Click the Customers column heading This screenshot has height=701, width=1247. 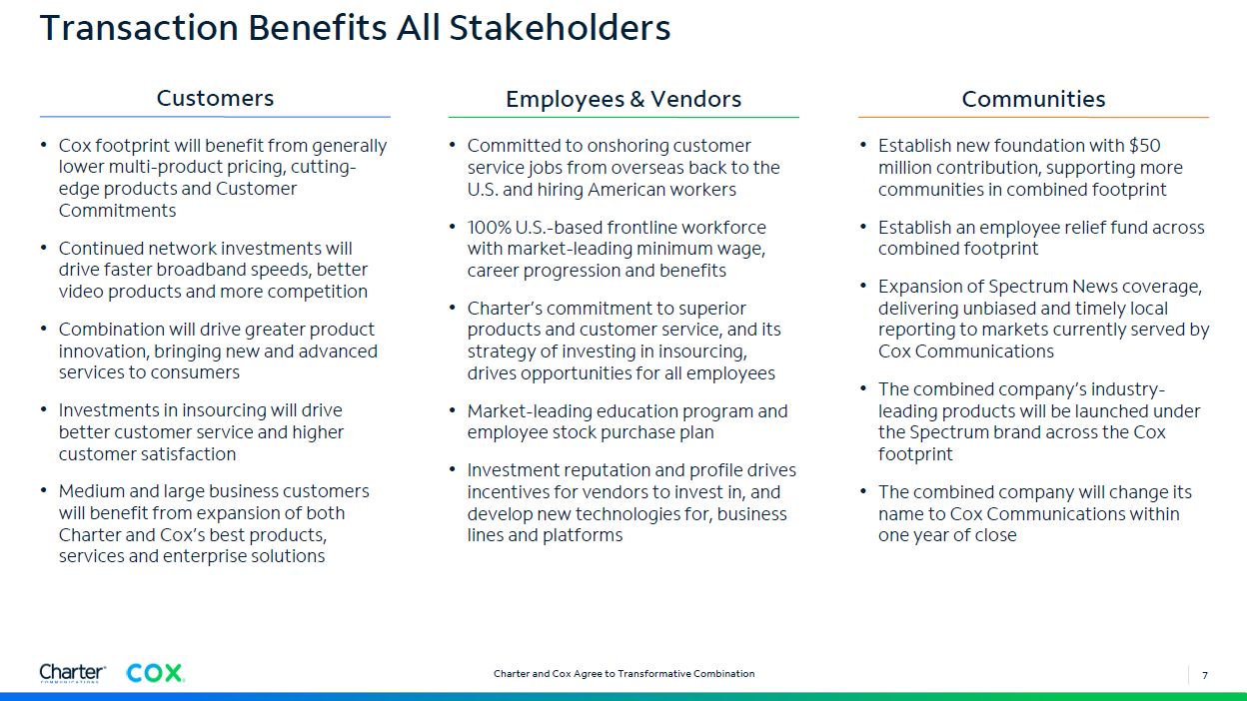pos(215,98)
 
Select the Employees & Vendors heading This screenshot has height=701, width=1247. pos(623,99)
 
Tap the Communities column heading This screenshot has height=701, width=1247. pos(1033,99)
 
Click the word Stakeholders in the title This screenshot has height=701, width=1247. pos(560,27)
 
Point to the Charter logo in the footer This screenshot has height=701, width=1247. pos(72,673)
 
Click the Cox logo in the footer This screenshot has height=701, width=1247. pos(155,673)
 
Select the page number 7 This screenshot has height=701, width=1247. pos(1205,675)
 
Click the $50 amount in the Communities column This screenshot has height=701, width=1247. pos(1144,145)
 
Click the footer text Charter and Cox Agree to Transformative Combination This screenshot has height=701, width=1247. pos(624,673)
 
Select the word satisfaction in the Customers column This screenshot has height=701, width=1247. pos(188,454)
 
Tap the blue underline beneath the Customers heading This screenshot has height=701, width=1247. pos(215,117)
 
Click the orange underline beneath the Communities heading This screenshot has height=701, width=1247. pos(1033,117)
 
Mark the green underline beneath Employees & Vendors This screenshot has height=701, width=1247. pos(623,117)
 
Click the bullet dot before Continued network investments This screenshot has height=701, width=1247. pos(43,248)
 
